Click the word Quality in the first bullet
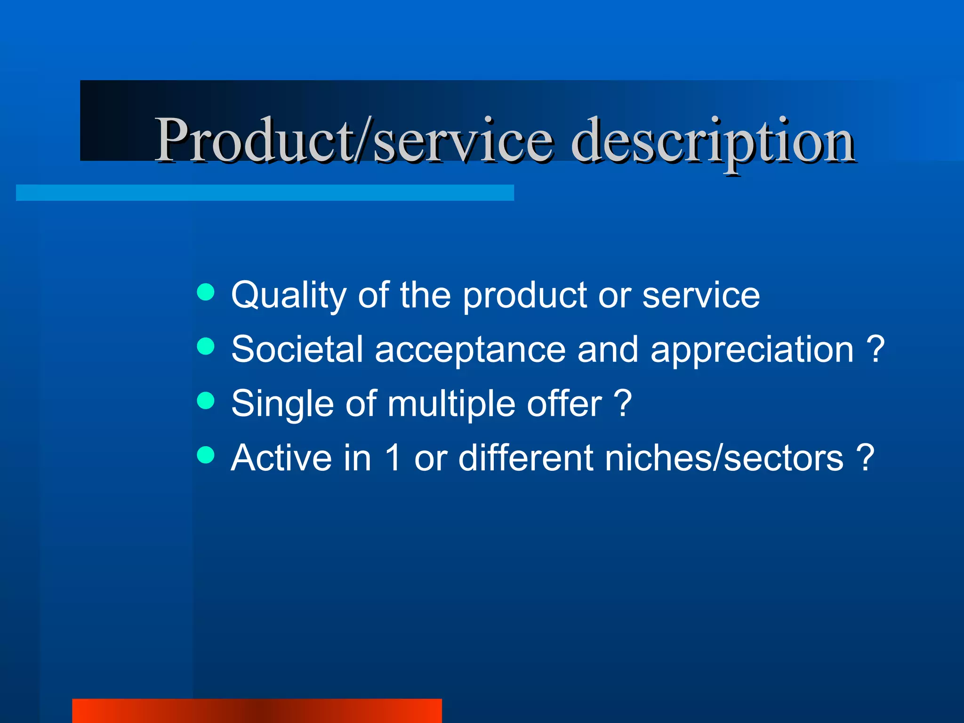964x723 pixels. click(x=288, y=296)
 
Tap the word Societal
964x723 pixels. click(x=297, y=350)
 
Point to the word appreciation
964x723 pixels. click(x=752, y=350)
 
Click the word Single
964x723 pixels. click(x=282, y=404)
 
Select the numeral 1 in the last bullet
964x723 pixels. click(x=393, y=458)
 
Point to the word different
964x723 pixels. click(x=525, y=458)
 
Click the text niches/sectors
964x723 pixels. click(x=724, y=458)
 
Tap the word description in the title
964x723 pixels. click(x=713, y=141)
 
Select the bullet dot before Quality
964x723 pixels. click(x=206, y=292)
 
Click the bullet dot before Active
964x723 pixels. click(x=206, y=455)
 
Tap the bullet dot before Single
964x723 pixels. click(x=206, y=401)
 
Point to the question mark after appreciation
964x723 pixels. click(x=875, y=349)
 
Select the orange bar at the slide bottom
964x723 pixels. click(x=257, y=711)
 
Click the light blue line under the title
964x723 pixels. click(x=265, y=193)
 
